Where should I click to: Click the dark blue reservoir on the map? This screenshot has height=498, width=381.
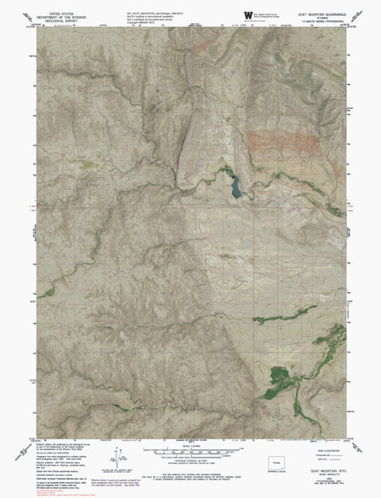235,187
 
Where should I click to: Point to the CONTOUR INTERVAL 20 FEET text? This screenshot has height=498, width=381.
190,461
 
